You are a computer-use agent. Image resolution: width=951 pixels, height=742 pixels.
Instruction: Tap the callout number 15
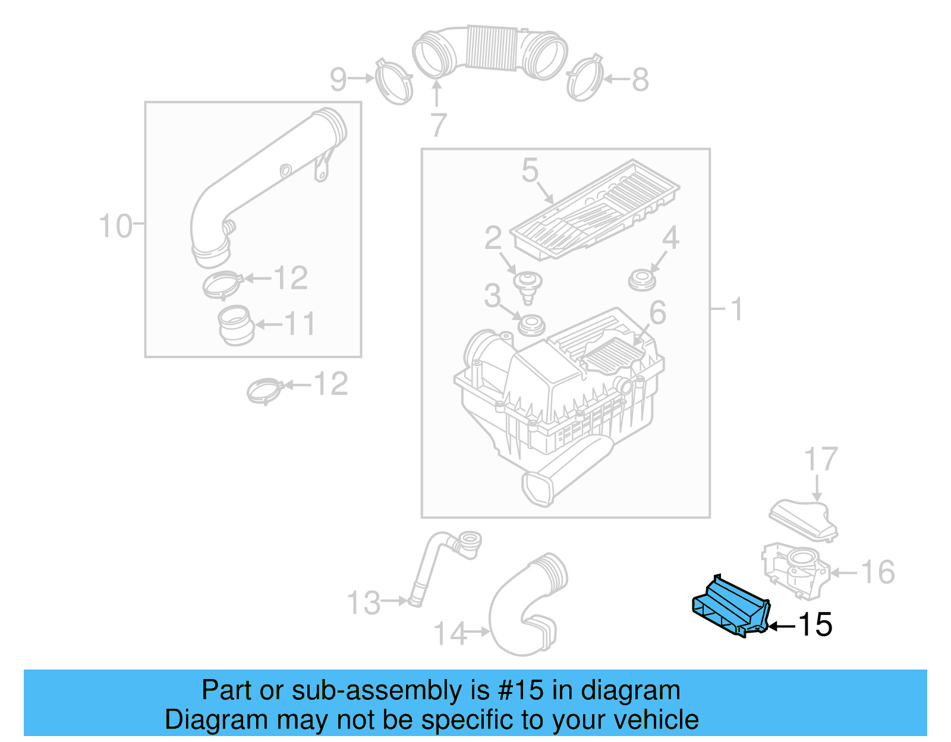[x=815, y=625]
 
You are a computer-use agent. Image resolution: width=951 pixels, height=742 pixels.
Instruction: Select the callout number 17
[x=821, y=460]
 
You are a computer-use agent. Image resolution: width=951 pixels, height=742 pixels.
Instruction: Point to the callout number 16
[x=877, y=572]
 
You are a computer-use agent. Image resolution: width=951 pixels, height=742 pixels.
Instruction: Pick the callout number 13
[x=364, y=602]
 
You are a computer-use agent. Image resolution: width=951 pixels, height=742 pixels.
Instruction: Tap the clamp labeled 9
[x=393, y=82]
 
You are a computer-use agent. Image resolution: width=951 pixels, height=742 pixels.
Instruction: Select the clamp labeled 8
[x=584, y=78]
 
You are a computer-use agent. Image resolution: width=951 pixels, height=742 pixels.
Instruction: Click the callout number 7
[x=438, y=125]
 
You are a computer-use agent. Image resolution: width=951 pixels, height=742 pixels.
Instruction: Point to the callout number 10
[x=115, y=226]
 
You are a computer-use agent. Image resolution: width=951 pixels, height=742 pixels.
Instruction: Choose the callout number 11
[x=299, y=324]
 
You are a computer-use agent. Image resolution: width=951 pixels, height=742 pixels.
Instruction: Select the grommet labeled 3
[x=531, y=326]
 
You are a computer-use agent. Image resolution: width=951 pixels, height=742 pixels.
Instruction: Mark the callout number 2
[x=493, y=238]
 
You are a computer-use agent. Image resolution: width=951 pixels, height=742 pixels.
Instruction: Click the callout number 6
[x=657, y=312]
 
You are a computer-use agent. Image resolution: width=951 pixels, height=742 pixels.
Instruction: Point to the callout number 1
[x=736, y=310]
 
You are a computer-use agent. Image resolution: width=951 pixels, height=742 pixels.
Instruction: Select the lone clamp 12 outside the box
[x=264, y=390]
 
